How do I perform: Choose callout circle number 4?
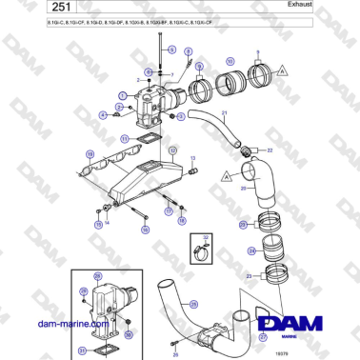click(103, 114)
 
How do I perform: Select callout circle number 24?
click(242, 250)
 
